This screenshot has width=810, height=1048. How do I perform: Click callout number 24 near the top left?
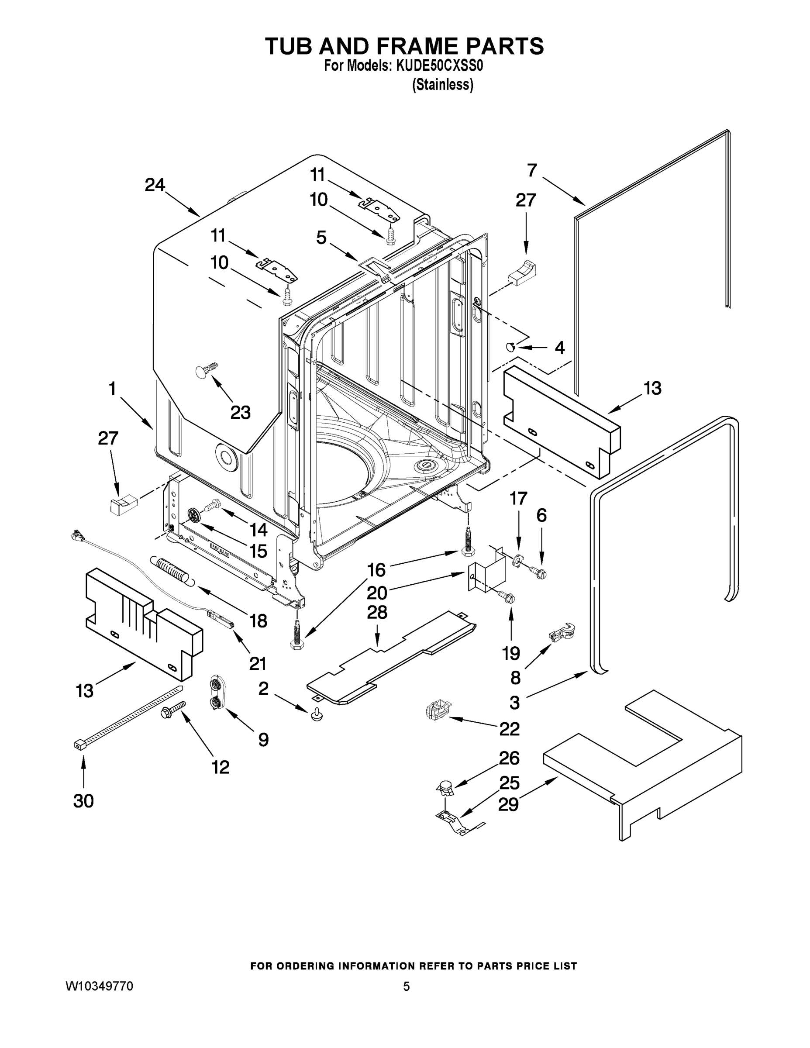[x=155, y=185]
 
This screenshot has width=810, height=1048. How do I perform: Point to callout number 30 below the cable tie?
[x=83, y=801]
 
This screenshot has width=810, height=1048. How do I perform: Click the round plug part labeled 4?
[x=511, y=346]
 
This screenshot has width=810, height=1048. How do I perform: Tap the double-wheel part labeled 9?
[x=216, y=692]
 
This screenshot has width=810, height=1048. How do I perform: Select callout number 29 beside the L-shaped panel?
[x=508, y=805]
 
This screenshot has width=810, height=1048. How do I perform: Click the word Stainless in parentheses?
[x=442, y=85]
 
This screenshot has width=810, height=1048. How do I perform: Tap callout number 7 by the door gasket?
[x=532, y=170]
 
